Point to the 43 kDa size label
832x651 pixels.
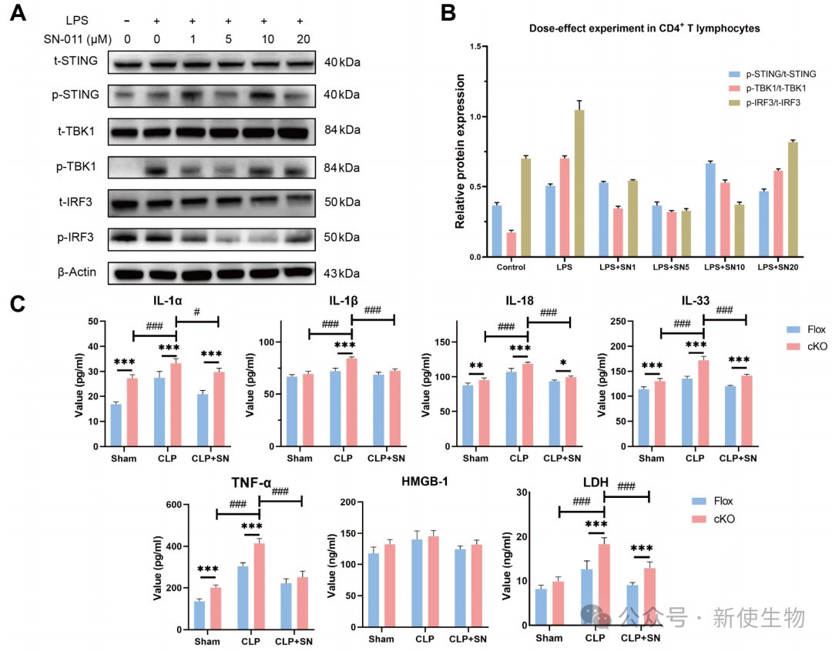click(x=342, y=273)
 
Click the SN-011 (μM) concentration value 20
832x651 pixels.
click(x=300, y=38)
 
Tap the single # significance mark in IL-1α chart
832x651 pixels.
click(x=198, y=312)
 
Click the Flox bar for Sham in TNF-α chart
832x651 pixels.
click(x=199, y=615)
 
